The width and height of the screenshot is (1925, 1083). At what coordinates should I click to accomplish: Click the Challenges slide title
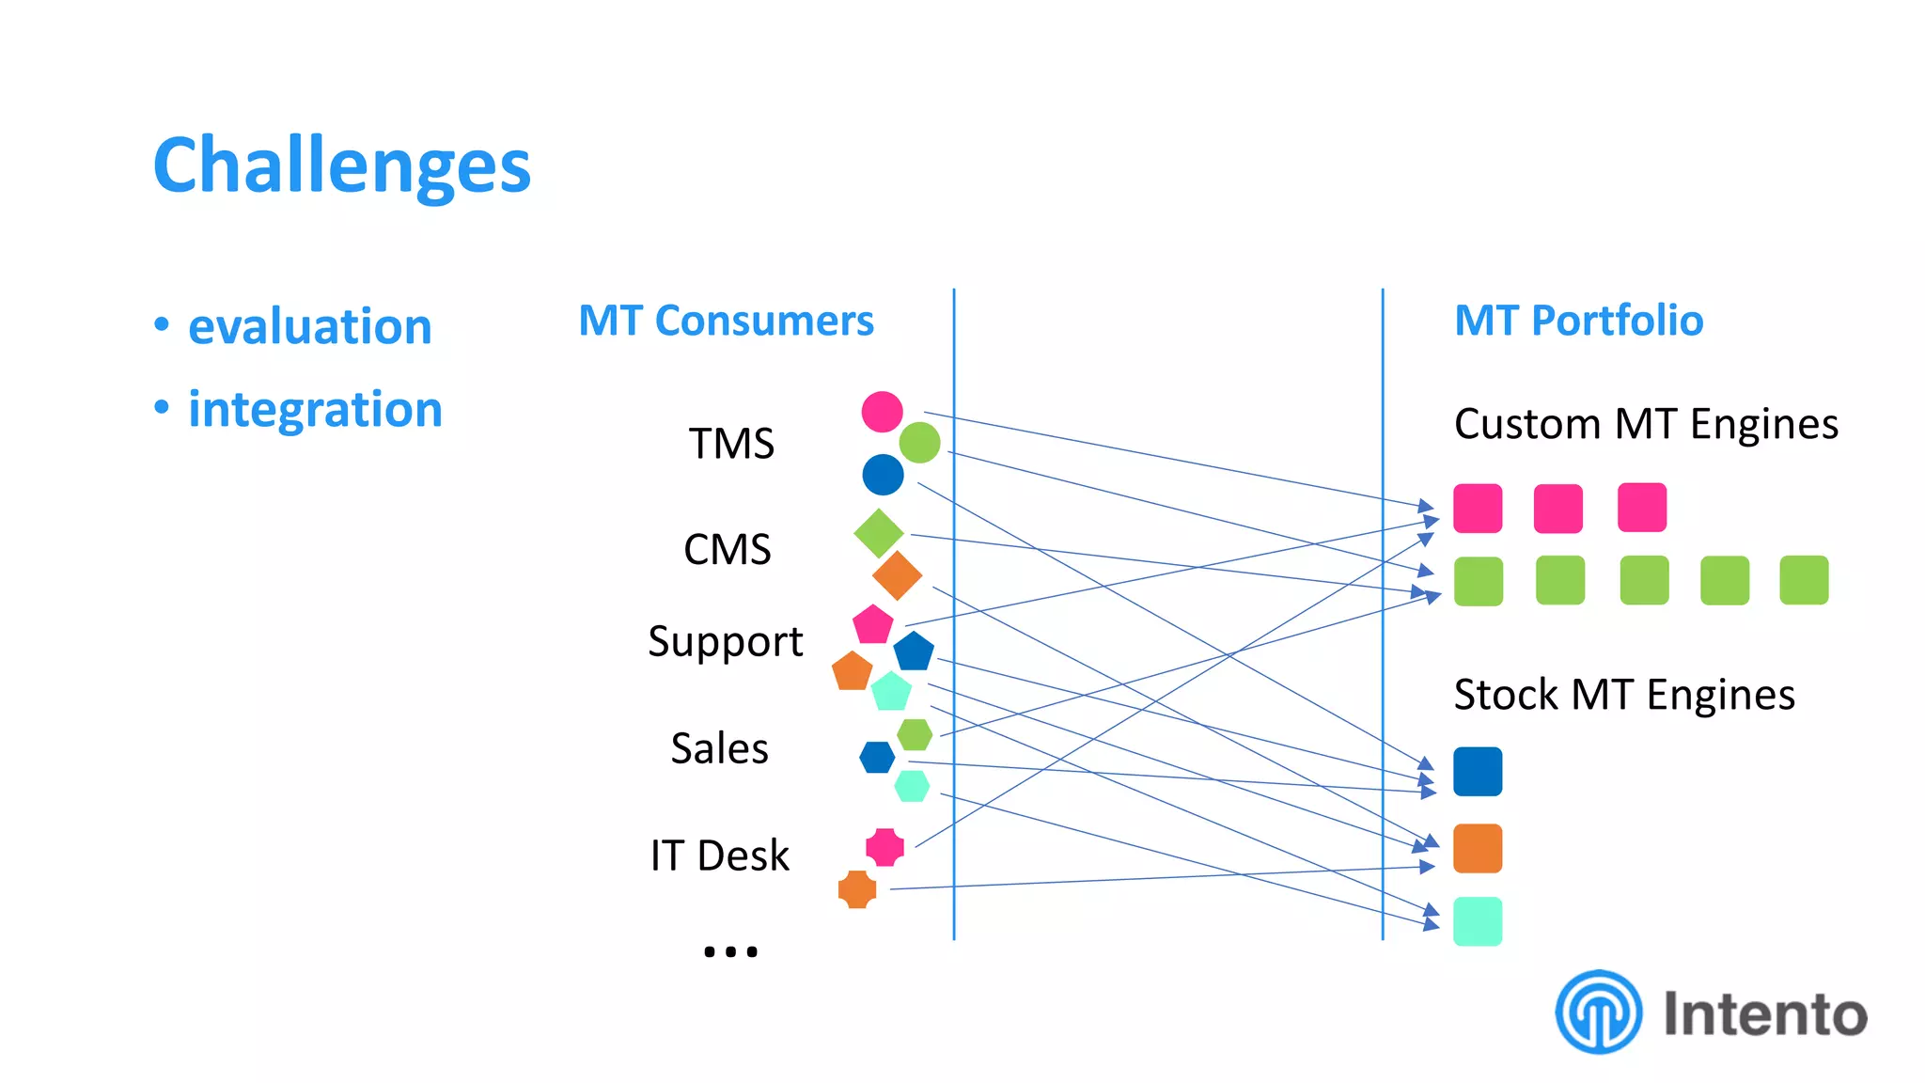[342, 165]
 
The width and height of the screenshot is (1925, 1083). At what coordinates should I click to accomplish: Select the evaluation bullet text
[309, 326]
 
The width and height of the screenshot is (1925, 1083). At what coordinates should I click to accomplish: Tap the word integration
[315, 409]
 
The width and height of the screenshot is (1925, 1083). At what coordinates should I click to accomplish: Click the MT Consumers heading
[726, 321]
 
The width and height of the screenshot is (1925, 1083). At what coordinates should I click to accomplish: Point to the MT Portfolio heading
[1578, 321]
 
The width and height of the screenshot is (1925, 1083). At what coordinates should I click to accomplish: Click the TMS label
[731, 444]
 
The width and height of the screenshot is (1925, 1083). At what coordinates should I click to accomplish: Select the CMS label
[727, 549]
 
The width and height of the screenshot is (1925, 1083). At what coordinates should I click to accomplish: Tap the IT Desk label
[719, 855]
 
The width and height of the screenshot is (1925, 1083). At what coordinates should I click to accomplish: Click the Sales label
[719, 748]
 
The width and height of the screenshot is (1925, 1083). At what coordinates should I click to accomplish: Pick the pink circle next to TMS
[882, 412]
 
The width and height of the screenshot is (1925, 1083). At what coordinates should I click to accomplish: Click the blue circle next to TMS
[883, 475]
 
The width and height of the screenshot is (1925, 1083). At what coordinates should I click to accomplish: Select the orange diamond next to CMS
[897, 575]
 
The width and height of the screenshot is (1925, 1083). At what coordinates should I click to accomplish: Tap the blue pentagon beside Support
[914, 651]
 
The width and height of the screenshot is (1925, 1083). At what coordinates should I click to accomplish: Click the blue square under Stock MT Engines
[1477, 772]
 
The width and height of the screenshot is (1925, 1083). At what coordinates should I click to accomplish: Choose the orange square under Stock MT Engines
[1477, 849]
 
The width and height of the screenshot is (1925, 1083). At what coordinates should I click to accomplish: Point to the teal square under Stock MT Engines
[1477, 921]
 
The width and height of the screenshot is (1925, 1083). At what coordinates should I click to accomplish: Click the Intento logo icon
[1598, 1012]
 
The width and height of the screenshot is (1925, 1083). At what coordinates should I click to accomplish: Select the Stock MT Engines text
[1623, 696]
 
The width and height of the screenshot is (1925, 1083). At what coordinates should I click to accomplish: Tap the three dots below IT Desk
[730, 951]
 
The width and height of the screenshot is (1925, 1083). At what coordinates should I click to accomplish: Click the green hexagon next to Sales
[915, 734]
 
